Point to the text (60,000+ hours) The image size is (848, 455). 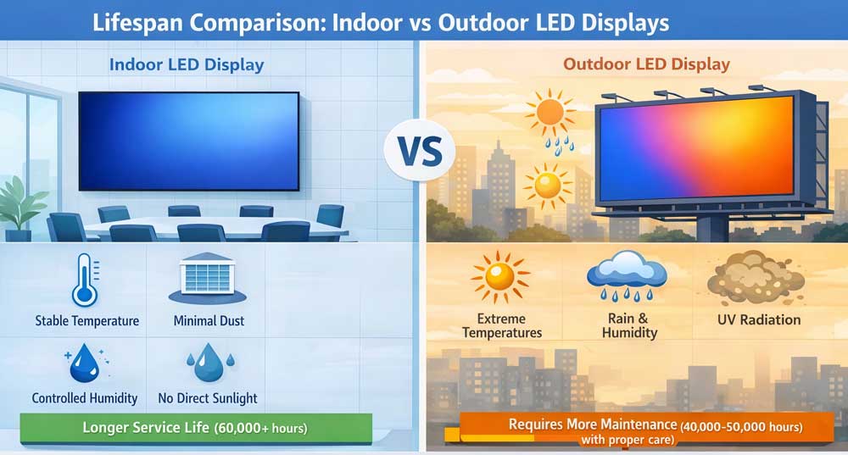click(264, 429)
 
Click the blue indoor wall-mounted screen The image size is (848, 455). click(188, 141)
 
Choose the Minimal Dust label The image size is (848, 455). click(207, 321)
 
